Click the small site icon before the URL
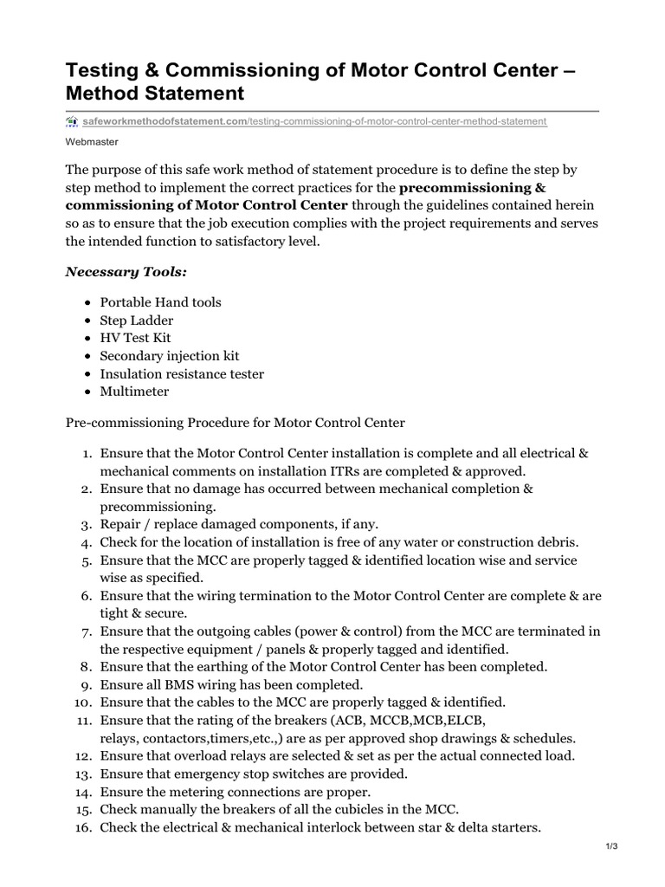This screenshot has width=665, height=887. point(72,121)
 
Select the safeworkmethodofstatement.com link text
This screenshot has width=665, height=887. point(165,121)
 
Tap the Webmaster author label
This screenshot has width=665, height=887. point(93,141)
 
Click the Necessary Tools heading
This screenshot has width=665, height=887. point(126,272)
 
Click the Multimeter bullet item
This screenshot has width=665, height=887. point(135,392)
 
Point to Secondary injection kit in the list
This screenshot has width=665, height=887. point(170,356)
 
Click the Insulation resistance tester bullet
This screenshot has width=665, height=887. point(182,373)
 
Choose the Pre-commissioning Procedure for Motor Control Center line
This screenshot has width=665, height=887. point(235,423)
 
